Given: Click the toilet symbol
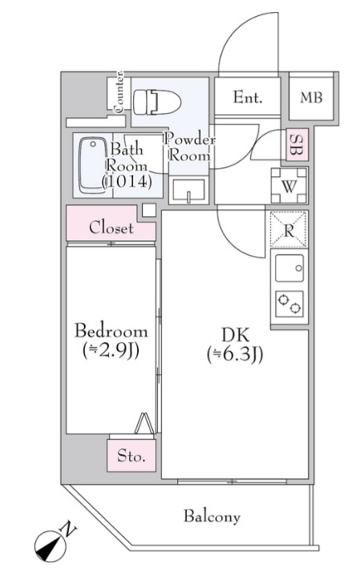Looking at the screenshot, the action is (x=156, y=102).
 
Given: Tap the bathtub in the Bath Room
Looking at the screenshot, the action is (x=93, y=165).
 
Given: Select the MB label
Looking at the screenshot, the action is (x=311, y=98).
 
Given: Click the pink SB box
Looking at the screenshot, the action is (x=297, y=144).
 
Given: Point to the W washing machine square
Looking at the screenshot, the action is (x=289, y=186).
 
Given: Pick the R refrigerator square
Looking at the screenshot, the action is (x=289, y=230).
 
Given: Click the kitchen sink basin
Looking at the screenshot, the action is (x=289, y=268).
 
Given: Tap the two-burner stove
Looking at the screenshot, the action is (x=289, y=304).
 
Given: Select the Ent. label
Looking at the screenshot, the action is (x=248, y=98).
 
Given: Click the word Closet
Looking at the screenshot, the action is (x=111, y=228).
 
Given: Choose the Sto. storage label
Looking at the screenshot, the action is (x=131, y=456).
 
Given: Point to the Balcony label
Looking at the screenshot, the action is (x=212, y=517).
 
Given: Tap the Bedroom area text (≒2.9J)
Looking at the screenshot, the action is (x=111, y=351).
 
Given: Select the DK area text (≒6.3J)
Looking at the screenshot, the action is (x=235, y=355).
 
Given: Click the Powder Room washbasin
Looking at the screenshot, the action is (x=188, y=191).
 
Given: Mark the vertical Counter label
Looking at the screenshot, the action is (x=119, y=92).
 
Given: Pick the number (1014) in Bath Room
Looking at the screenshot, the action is (x=127, y=182).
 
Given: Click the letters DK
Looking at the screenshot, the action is (x=236, y=336).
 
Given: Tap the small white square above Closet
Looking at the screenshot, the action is (x=149, y=210).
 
